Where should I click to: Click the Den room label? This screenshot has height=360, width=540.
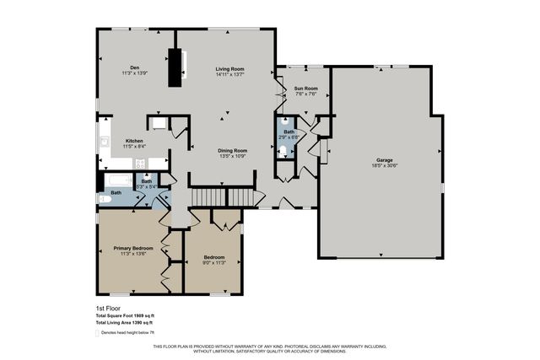coord(134,67)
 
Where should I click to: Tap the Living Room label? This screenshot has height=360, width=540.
coord(229,67)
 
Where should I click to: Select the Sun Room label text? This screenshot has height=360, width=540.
coord(305,88)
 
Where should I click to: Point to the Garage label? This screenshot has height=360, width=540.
coord(385,160)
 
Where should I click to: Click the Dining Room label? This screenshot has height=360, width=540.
coord(232,150)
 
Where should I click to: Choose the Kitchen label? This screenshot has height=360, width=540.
coord(134,141)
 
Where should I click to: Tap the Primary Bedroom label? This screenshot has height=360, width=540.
coord(134,249)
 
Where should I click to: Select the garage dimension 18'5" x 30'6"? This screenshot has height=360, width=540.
coord(385,166)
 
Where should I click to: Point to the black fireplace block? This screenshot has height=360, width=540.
coord(175,67)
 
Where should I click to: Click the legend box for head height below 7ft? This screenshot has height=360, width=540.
coord(97,333)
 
